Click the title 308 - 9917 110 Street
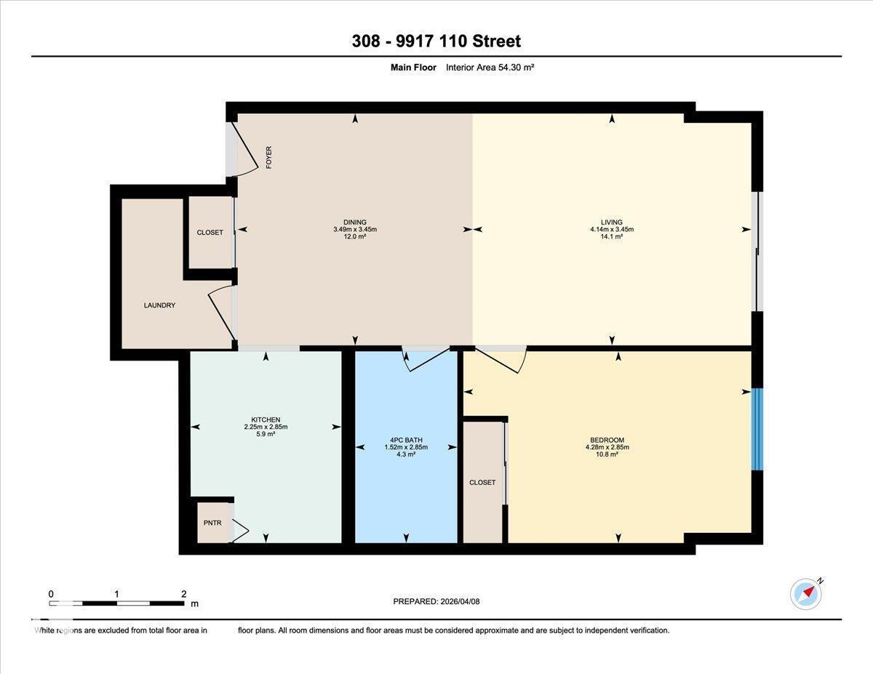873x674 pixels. coord(436,41)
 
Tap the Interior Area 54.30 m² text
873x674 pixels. coord(490,68)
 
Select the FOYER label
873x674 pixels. coord(268,158)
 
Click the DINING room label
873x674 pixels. coord(355,222)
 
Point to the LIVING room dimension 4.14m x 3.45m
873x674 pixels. coord(612,230)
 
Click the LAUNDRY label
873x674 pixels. coord(159,305)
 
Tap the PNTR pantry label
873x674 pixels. coord(212,523)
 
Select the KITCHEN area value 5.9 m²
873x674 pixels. coord(266,434)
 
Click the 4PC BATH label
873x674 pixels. coord(406,440)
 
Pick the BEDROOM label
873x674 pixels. coord(607,440)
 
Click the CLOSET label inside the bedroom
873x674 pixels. coord(482,483)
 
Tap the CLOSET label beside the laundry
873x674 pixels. coord(210,233)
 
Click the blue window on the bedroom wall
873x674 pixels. coord(757,429)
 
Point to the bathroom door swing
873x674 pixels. coord(426,359)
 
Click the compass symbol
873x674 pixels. coord(805,593)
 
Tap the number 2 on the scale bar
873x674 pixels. coord(183,594)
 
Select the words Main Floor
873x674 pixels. coord(412,68)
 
